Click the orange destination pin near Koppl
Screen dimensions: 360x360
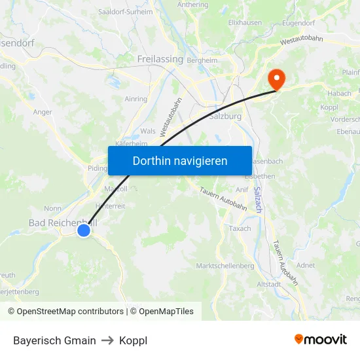click(x=276, y=78)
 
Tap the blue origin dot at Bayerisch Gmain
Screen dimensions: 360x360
click(x=84, y=230)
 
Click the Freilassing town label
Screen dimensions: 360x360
click(x=160, y=59)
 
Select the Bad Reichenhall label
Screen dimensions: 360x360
click(x=62, y=223)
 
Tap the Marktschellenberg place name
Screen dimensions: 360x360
click(x=225, y=266)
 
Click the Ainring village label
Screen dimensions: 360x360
click(x=135, y=99)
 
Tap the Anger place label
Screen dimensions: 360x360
click(x=42, y=112)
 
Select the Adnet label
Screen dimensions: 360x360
click(x=305, y=265)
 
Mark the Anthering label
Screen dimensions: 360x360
click(x=192, y=4)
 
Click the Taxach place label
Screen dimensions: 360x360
click(x=240, y=228)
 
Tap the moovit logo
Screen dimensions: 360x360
click(x=321, y=340)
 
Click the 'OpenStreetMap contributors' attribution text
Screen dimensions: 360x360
click(x=70, y=312)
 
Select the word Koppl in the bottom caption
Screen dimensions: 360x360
click(x=134, y=340)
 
